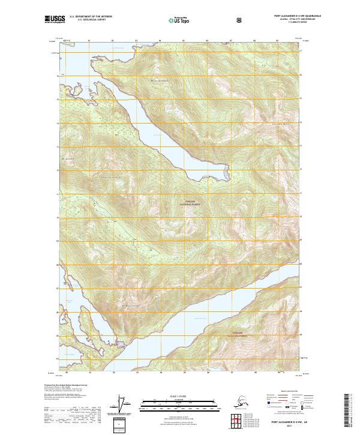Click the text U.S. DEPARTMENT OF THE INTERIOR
pyautogui.click(x=89, y=17)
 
